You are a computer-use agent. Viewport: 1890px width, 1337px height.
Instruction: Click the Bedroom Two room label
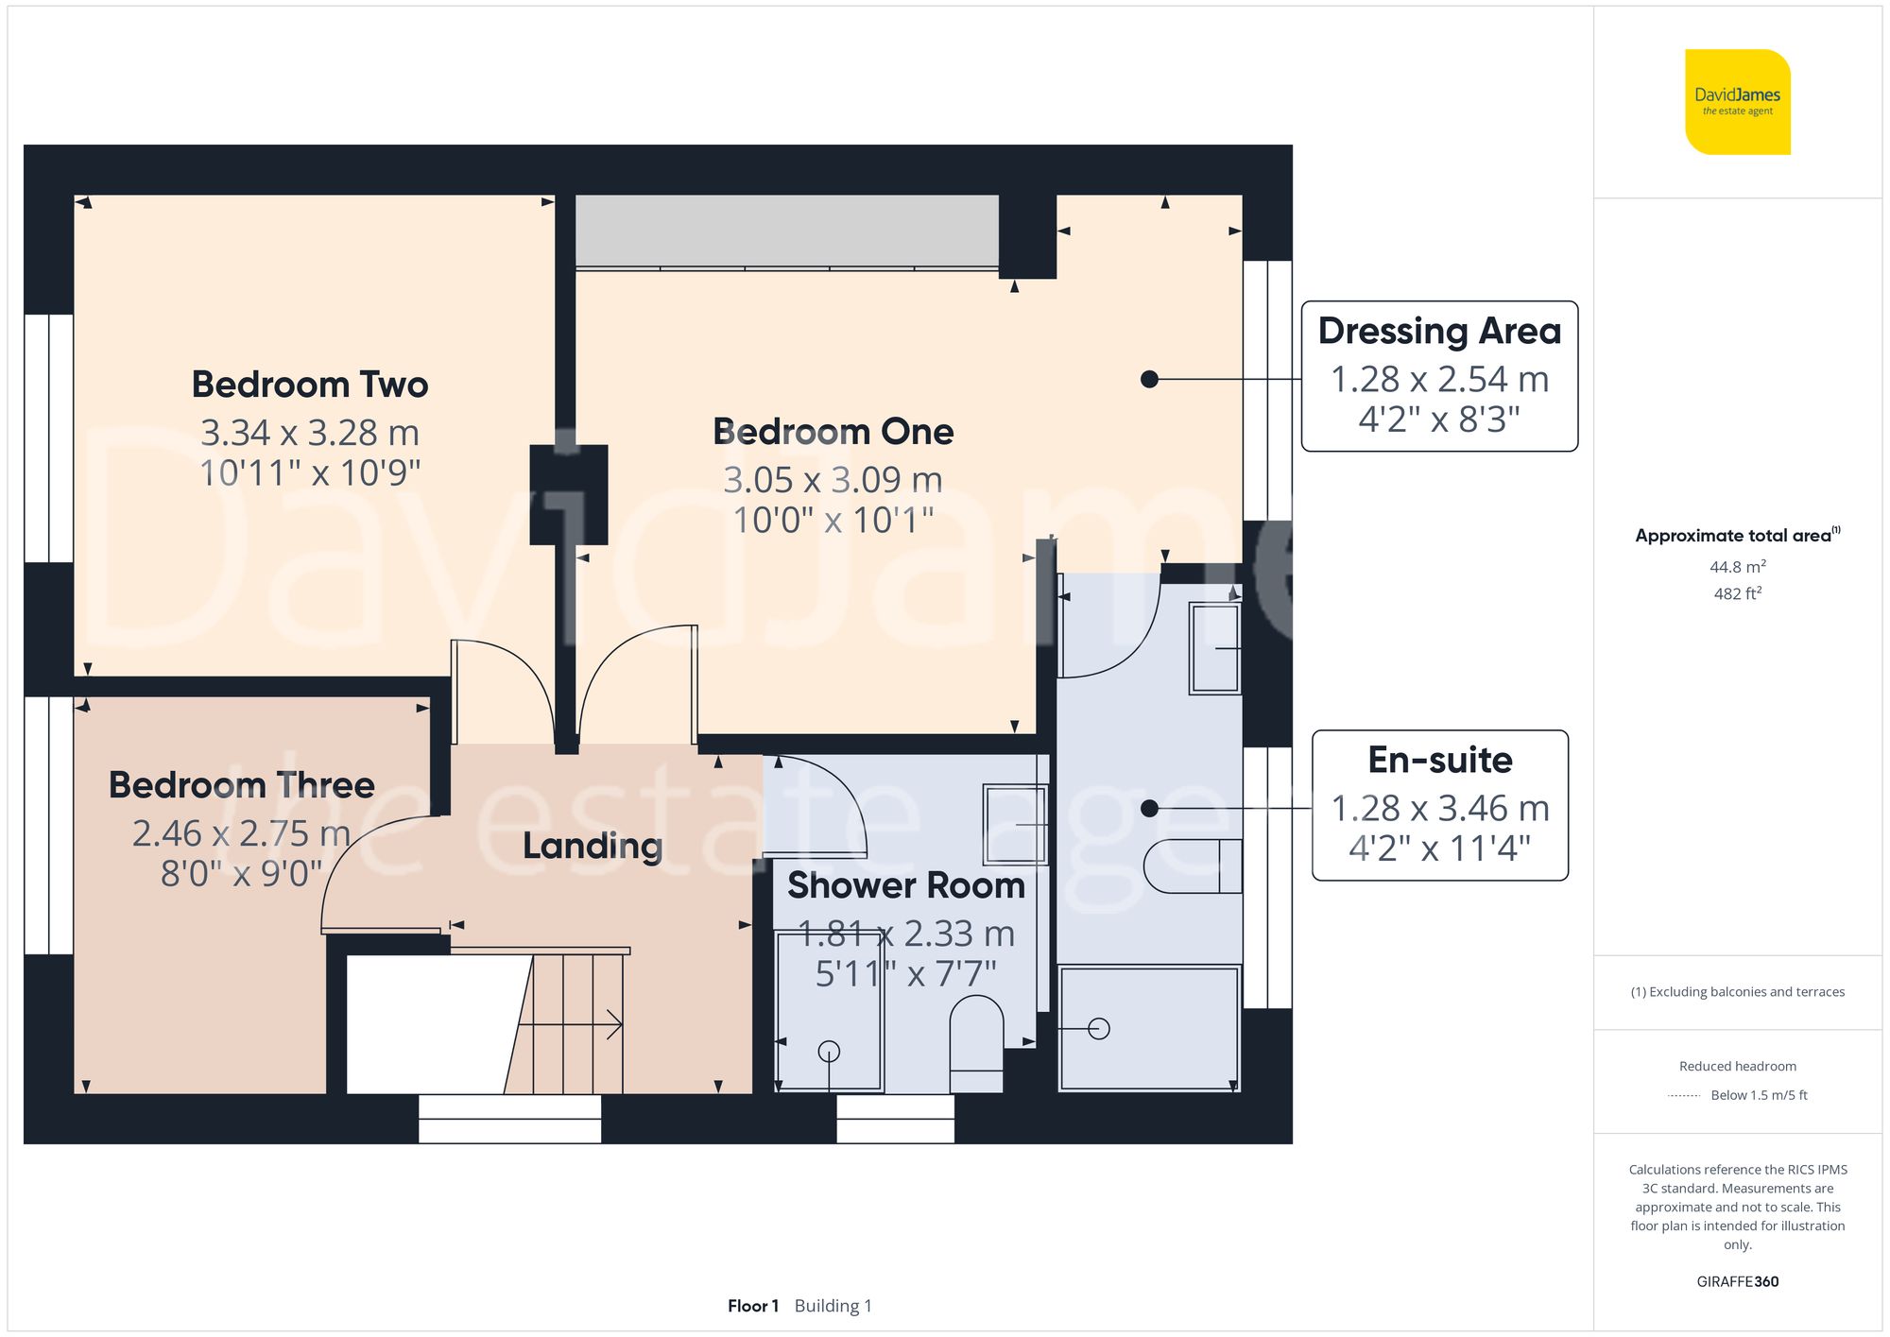[310, 385]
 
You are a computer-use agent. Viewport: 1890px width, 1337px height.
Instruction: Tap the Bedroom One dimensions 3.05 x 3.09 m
[833, 480]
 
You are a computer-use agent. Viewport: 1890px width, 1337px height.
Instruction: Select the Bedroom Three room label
[242, 785]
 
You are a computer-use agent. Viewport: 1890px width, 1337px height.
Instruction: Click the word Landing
[593, 846]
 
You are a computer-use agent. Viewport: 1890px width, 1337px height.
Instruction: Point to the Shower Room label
[905, 885]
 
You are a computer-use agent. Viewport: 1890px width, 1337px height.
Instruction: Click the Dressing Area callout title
[1439, 331]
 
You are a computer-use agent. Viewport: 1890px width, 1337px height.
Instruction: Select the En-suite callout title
[1439, 760]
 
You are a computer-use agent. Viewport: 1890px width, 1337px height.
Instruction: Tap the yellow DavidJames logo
[1737, 102]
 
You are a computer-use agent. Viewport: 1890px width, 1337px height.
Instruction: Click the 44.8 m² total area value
[1737, 567]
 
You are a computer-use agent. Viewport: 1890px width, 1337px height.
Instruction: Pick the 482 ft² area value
[1737, 593]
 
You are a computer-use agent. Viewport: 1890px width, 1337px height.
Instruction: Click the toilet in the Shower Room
[975, 1044]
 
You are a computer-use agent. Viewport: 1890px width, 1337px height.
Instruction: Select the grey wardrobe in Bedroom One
[786, 231]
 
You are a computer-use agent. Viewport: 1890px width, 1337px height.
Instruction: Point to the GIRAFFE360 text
[1737, 1281]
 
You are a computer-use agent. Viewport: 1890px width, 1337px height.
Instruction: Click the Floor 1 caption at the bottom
[753, 1306]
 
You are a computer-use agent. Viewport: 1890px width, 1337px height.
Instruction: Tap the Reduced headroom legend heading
[1737, 1066]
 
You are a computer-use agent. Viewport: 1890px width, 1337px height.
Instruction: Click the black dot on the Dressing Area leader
[1149, 379]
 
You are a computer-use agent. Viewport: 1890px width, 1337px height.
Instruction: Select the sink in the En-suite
[1215, 648]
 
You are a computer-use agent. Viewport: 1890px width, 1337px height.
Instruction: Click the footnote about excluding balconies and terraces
[1737, 991]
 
